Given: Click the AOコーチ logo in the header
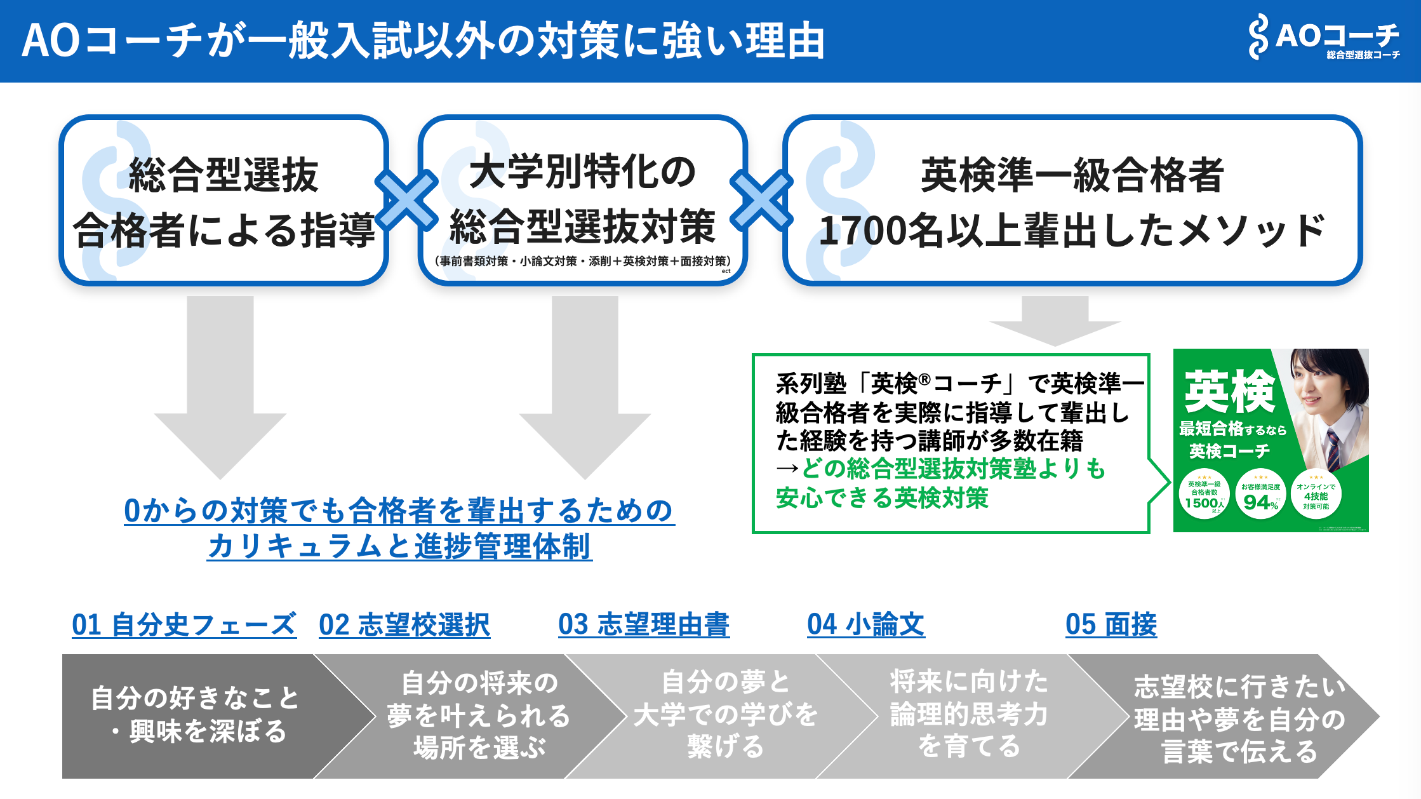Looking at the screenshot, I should pyautogui.click(x=1324, y=38).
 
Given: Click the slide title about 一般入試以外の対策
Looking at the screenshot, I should pyautogui.click(x=423, y=41).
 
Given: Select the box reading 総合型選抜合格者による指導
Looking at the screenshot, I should pyautogui.click(x=223, y=201).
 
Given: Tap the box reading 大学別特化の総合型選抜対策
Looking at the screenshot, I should pyautogui.click(x=582, y=201).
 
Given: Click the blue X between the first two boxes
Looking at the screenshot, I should pyautogui.click(x=406, y=201).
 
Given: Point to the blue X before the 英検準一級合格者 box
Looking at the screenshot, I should pyautogui.click(x=761, y=201).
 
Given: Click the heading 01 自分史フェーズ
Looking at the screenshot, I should pyautogui.click(x=184, y=624).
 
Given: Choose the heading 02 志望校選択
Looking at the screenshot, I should pyautogui.click(x=404, y=624).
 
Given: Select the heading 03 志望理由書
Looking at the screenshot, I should pyautogui.click(x=644, y=624).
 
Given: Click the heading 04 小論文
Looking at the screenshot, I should pyautogui.click(x=866, y=624).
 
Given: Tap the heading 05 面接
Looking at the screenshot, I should pyautogui.click(x=1111, y=624).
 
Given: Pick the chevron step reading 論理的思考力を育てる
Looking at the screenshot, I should pyautogui.click(x=968, y=715).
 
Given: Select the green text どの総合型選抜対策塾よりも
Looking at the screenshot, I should pyautogui.click(x=953, y=469).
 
